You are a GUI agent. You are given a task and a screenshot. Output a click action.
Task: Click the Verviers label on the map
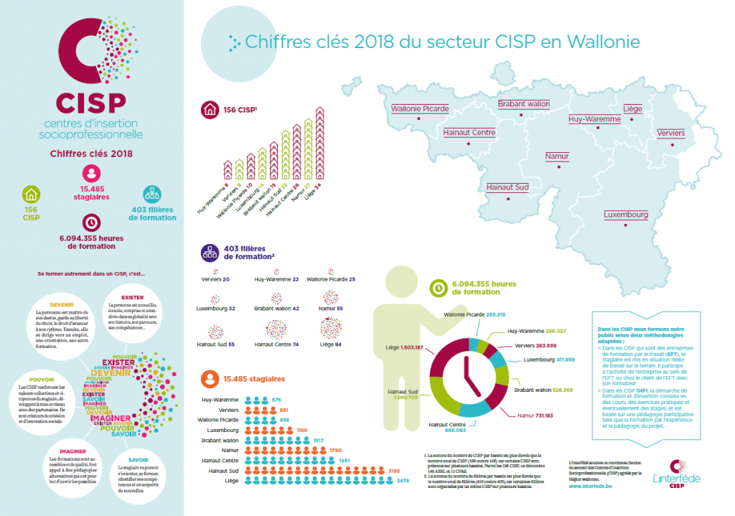pyautogui.click(x=671, y=133)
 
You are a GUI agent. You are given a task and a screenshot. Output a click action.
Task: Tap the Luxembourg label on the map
pyautogui.click(x=626, y=215)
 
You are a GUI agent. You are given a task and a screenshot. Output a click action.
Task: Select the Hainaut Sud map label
pyautogui.click(x=506, y=187)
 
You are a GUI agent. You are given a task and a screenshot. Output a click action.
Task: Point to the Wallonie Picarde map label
pyautogui.click(x=420, y=109)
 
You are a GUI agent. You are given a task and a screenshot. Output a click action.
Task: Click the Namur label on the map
pyautogui.click(x=557, y=156)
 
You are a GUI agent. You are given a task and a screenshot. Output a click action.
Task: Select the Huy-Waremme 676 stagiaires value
pyautogui.click(x=276, y=399)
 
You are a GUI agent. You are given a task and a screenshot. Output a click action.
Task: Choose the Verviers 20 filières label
pyautogui.click(x=215, y=278)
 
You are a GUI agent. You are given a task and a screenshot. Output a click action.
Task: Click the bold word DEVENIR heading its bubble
pyautogui.click(x=62, y=304)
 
